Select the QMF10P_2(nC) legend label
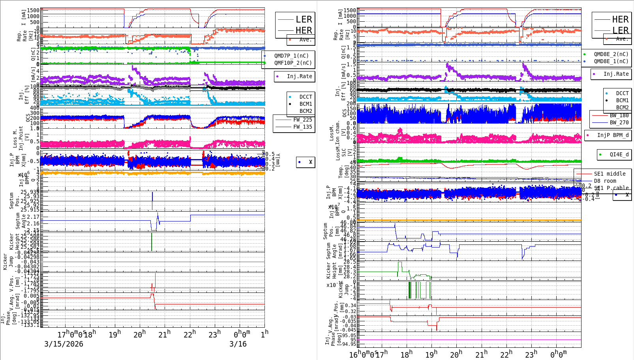tap(293, 63)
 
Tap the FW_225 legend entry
tap(302, 120)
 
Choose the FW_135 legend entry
tap(302, 127)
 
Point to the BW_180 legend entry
tap(619, 115)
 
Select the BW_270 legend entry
tap(619, 122)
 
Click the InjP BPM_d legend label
tap(613, 135)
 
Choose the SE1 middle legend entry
tap(610, 174)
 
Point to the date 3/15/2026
tap(64, 344)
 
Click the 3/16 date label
tap(238, 344)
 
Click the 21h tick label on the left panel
tap(164, 334)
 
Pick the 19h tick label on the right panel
tap(431, 354)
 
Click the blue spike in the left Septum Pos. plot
tap(152, 201)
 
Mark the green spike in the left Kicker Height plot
tap(152, 242)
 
